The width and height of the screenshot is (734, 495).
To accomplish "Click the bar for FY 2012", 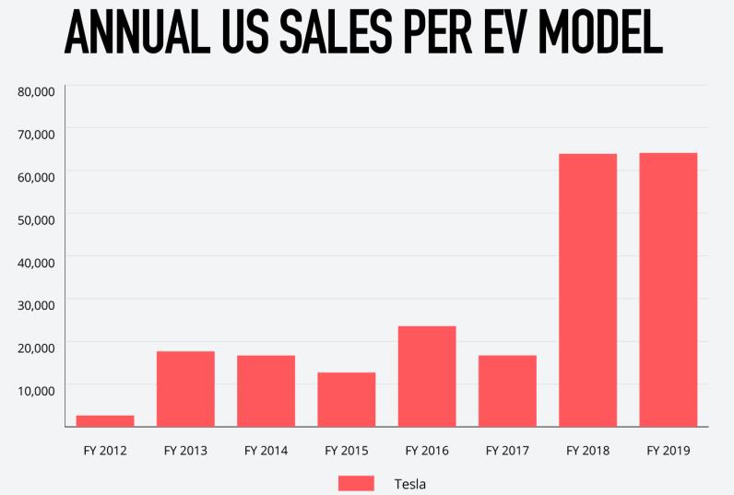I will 105,421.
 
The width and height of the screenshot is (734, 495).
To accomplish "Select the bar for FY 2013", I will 185,389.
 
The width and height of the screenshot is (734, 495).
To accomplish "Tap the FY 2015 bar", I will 347,399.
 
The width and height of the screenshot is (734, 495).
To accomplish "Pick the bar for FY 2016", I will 427,376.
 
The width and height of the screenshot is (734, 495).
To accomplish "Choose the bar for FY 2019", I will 669,289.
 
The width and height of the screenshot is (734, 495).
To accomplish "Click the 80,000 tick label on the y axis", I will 37,91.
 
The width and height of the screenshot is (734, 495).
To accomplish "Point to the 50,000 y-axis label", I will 37,219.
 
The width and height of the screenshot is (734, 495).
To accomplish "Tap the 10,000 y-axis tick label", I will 37,390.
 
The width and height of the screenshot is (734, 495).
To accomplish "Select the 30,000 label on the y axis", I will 37,304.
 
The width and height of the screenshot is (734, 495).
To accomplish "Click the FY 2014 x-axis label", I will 266,451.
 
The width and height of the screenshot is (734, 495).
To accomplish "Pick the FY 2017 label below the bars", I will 507,451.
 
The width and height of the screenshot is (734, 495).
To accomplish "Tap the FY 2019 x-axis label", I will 669,451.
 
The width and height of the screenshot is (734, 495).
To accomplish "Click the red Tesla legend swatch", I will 356,483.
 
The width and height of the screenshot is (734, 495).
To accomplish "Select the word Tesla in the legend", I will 410,483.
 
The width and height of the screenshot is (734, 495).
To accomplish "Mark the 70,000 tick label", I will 37,134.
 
